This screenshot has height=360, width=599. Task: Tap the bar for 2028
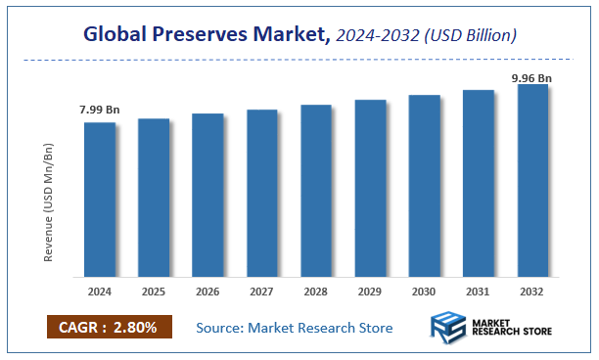point(316,190)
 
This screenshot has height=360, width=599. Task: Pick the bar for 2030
point(425,185)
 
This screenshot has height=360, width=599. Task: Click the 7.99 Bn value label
point(100,110)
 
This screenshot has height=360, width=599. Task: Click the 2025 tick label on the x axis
point(154,291)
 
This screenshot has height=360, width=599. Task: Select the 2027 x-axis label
point(262,291)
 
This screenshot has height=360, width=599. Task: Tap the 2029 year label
point(370,291)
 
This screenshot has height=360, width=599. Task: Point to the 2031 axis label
point(479,291)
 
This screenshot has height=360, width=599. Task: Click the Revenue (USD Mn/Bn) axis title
point(48,202)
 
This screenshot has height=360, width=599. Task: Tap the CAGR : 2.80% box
point(108,327)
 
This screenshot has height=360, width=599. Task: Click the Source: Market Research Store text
point(294,327)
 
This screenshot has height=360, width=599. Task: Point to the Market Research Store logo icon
point(451,328)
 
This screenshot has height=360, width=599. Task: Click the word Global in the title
point(115,35)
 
